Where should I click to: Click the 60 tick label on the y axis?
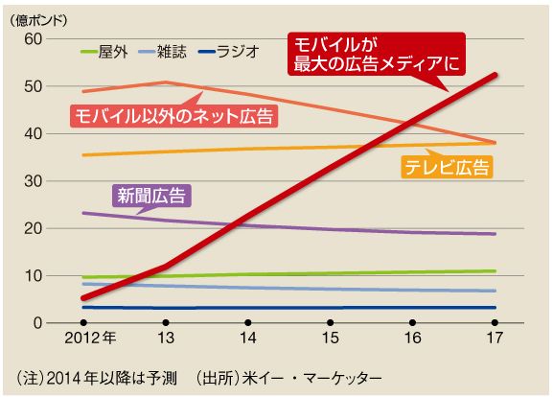(33, 38)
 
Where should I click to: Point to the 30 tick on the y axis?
(33, 181)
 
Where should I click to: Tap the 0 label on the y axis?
(37, 323)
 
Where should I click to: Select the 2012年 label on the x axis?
(90, 339)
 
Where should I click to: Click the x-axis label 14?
(248, 339)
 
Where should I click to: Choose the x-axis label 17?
(495, 339)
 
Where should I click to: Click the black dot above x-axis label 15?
(330, 322)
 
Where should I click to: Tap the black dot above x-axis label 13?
(166, 322)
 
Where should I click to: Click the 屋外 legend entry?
(104, 52)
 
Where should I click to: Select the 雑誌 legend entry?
(163, 52)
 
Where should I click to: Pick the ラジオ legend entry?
(229, 52)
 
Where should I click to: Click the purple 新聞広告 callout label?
(151, 196)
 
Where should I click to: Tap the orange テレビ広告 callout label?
(448, 167)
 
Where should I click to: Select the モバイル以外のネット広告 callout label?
(174, 116)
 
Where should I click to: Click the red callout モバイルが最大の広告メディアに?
(377, 54)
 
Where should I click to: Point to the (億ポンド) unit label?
(38, 21)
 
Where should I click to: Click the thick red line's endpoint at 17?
(495, 75)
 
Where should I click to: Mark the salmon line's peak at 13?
(166, 82)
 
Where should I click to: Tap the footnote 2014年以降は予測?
(111, 379)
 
